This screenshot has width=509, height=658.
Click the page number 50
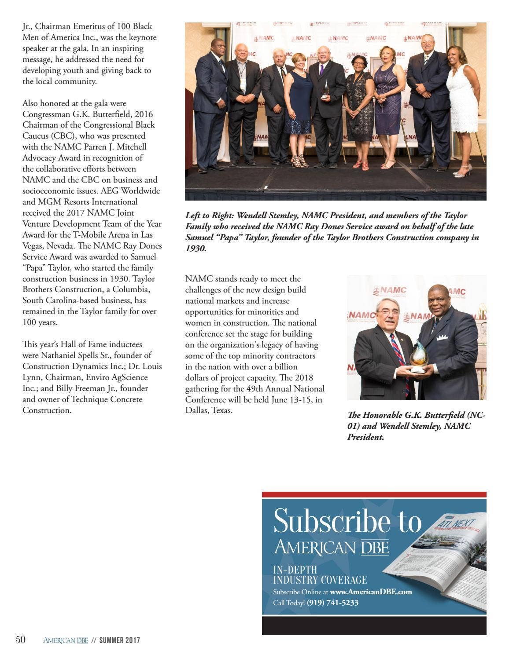(21, 640)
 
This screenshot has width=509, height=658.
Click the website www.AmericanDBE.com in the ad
(371, 592)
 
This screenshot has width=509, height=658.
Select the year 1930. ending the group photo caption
(195, 249)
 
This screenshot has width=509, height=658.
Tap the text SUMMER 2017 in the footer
(119, 640)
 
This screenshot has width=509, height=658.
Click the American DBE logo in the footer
(66, 640)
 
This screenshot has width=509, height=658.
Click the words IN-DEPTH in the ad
(295, 570)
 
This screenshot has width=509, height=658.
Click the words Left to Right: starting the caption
(210, 216)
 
